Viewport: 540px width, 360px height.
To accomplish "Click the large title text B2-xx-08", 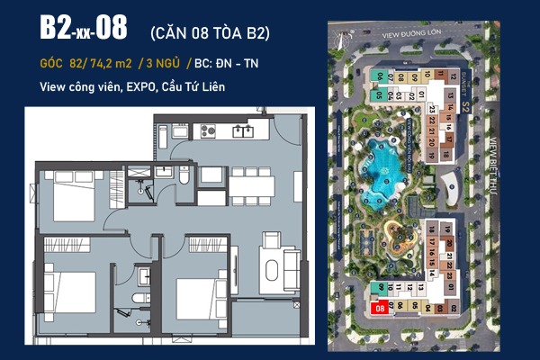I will [x=83, y=28].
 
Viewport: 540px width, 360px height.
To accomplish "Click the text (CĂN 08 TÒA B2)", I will [x=208, y=32].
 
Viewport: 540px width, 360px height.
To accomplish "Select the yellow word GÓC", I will [x=57, y=64].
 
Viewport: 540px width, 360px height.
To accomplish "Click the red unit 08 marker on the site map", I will [x=380, y=308].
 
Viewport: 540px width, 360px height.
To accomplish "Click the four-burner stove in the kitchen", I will [x=205, y=131].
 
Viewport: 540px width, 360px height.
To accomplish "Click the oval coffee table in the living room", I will [x=271, y=261].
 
